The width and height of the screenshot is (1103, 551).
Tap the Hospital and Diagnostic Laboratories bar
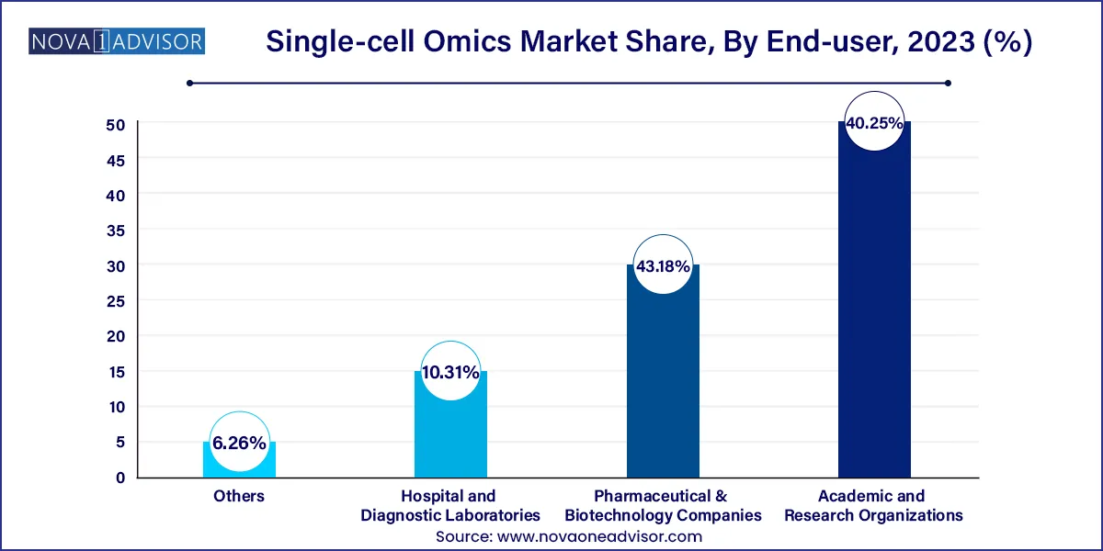coord(450,432)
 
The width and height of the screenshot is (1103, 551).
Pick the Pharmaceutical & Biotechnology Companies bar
coord(663,386)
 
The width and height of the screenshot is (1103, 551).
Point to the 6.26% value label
coord(239,444)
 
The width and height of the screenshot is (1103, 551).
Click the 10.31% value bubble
coord(450,373)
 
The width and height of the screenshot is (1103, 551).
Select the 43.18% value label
coord(663,267)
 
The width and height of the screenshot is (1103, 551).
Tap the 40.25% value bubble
coord(874,123)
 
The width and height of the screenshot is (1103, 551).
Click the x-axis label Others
coord(239,496)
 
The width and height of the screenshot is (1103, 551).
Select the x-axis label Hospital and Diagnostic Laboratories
coord(450,505)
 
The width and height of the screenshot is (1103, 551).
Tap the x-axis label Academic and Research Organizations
coord(874,505)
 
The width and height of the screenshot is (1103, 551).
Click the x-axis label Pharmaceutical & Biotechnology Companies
coord(663,505)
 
